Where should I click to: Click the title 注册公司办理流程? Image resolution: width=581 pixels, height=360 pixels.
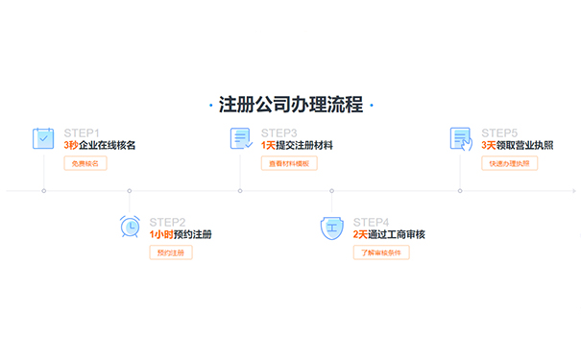[x=290, y=105]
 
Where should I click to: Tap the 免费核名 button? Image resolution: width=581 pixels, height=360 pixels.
[x=85, y=163]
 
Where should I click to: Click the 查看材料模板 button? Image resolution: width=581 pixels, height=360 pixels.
[x=289, y=163]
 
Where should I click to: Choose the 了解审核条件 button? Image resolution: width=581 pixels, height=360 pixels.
[x=381, y=252]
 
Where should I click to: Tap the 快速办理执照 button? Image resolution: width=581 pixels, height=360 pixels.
[x=510, y=163]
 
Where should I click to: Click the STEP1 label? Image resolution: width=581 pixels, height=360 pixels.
[x=82, y=132]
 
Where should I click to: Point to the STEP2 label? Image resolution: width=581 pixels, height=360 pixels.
[x=167, y=222]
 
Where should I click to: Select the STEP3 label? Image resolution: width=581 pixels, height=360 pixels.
[x=278, y=132]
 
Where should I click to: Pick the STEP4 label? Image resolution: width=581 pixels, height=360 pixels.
[x=371, y=222]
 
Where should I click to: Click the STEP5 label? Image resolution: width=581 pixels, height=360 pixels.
[x=499, y=132]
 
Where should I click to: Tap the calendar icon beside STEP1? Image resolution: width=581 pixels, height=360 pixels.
[x=43, y=138]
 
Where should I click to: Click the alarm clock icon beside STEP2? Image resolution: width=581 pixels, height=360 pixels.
[x=129, y=228]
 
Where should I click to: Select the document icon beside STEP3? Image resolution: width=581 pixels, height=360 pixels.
[x=240, y=138]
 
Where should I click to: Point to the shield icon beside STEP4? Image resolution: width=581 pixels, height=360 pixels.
[x=330, y=228]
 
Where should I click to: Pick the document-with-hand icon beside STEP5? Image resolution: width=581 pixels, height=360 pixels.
[x=461, y=138]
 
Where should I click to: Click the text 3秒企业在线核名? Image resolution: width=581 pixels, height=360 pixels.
[x=100, y=145]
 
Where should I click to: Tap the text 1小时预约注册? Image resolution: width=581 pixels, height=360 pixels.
[x=181, y=234]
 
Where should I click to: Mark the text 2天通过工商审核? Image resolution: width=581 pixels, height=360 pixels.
[x=389, y=234]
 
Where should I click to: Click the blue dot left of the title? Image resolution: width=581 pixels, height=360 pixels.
[x=209, y=105]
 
